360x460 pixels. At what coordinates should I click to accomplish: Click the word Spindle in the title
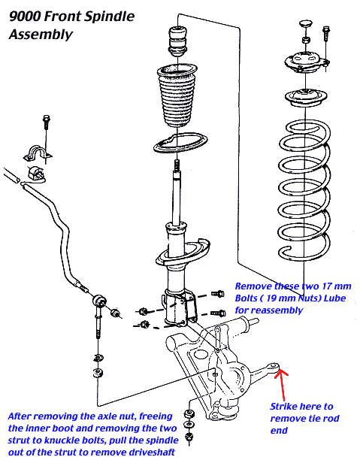click(x=109, y=17)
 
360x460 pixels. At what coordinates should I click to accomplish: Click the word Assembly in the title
click(x=41, y=35)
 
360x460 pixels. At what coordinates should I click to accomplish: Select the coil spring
click(x=304, y=191)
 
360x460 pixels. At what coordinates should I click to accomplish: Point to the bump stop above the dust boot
click(x=177, y=41)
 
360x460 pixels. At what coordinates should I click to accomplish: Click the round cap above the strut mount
click(x=305, y=24)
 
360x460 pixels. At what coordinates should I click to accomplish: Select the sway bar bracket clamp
click(x=38, y=153)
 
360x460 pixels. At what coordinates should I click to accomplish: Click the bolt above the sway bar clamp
click(x=47, y=123)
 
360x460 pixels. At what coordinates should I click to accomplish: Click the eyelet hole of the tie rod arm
click(x=273, y=366)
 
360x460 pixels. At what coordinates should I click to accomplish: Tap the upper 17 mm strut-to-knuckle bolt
click(x=218, y=293)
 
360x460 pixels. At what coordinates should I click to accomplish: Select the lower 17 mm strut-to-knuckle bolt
click(x=218, y=313)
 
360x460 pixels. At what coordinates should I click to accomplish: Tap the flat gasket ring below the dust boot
click(x=180, y=143)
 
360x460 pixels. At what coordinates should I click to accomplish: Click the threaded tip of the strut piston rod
click(x=177, y=165)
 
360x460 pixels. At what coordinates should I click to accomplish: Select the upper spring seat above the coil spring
click(x=306, y=97)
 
